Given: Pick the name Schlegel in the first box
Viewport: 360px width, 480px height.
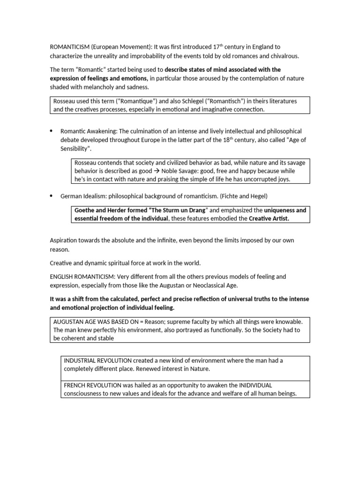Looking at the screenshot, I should click(187, 101).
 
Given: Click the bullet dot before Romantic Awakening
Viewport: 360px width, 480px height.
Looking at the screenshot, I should click(52, 131).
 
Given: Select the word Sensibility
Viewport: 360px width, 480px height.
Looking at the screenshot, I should click(75, 149).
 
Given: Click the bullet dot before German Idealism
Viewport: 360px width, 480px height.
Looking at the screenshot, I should click(52, 196).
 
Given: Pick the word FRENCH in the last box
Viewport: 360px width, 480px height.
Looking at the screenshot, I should click(75, 385).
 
